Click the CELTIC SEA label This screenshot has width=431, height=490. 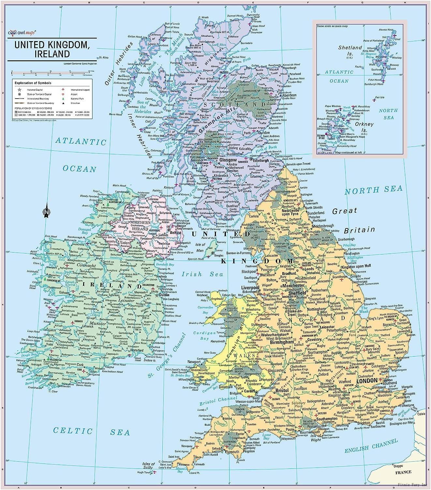click(x=92, y=431)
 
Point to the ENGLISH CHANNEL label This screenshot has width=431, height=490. click(x=371, y=446)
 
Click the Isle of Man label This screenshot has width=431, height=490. click(x=200, y=247)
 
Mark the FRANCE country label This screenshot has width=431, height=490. click(x=403, y=472)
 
